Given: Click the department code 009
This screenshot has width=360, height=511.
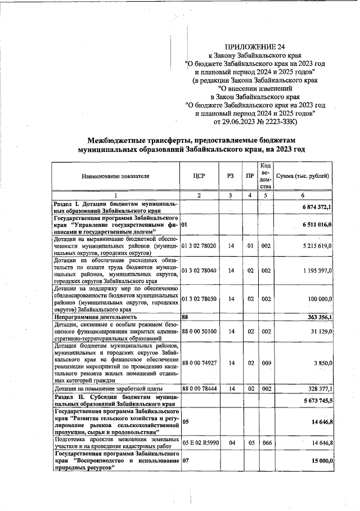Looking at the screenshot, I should (267, 363).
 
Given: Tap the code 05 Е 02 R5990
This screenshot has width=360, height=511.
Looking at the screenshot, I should (202, 443).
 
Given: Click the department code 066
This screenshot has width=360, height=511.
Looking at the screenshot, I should (267, 443).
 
